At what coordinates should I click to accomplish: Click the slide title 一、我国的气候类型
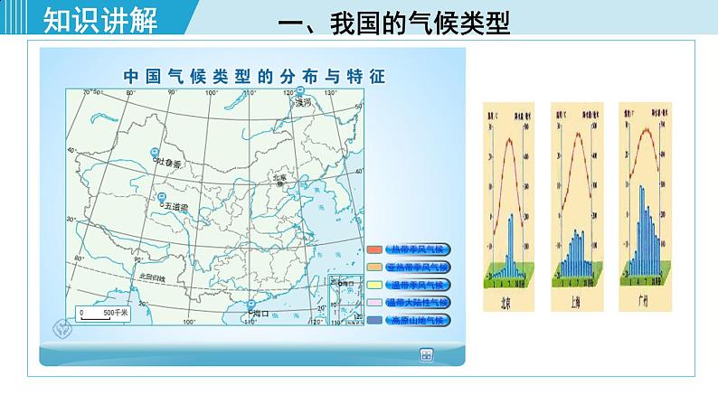[395, 23]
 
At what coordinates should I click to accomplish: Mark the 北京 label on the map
[279, 177]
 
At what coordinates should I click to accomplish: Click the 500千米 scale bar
[104, 314]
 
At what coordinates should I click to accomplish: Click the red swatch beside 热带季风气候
[374, 249]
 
